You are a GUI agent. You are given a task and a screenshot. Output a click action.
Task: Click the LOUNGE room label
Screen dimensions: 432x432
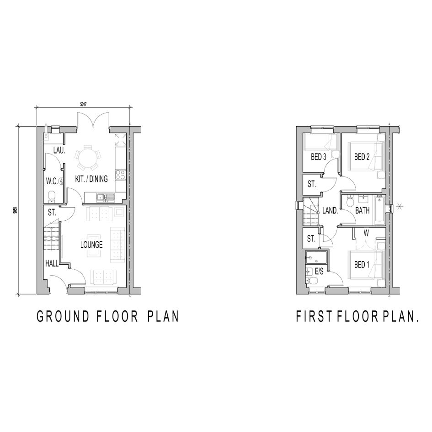[91, 245]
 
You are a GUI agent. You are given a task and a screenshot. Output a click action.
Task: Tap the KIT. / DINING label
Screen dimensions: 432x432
[91, 179]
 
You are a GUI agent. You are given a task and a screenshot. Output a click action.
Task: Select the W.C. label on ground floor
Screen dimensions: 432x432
[52, 181]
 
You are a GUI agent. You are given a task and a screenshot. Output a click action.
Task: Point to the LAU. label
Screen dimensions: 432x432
[59, 151]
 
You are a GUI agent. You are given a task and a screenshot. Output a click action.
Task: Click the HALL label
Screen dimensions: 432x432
[52, 264]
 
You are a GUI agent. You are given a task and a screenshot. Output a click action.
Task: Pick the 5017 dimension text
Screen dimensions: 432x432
[83, 104]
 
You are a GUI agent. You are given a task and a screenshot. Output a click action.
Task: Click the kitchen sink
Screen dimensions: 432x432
[105, 197]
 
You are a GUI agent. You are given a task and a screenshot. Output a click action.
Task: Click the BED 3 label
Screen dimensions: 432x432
[319, 157]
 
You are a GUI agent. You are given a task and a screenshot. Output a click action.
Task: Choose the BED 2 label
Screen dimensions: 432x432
[362, 157]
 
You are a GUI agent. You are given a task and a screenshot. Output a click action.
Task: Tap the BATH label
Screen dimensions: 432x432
[363, 211]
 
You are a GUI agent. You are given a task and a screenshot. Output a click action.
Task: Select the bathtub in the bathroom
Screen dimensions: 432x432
[379, 210]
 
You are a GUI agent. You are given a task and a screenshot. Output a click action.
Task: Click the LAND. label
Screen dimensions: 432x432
[330, 211]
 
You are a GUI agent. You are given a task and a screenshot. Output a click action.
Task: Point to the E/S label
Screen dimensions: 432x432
[319, 272]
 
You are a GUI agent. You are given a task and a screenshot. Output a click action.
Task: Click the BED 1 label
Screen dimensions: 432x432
[362, 265]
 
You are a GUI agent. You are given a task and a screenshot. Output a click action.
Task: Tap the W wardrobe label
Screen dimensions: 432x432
[366, 233]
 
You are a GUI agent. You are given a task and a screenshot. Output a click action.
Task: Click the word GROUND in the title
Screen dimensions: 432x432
[63, 316]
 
